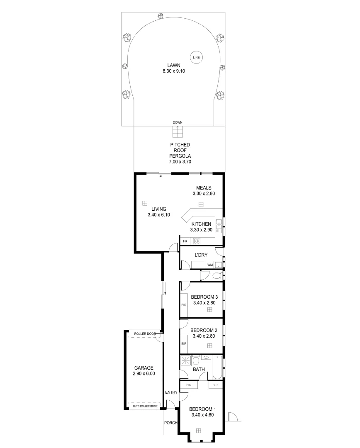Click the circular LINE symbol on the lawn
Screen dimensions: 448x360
tap(196, 57)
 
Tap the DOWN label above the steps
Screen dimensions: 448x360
tap(178, 122)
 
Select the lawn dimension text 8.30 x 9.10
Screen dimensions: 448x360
tap(174, 71)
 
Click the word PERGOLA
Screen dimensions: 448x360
tap(180, 156)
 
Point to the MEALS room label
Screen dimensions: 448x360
tap(204, 187)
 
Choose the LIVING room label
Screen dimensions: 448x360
tap(158, 209)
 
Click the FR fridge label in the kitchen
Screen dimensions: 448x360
tap(185, 241)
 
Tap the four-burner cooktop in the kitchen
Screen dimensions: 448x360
tap(197, 241)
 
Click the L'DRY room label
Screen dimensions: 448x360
tap(201, 255)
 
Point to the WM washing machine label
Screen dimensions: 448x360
tap(210, 265)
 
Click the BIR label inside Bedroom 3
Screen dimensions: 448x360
tap(184, 305)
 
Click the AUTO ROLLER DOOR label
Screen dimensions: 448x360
tap(145, 406)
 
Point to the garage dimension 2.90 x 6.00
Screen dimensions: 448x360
tap(144, 373)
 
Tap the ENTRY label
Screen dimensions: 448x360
tap(171, 392)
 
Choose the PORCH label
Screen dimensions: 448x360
tap(171, 423)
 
